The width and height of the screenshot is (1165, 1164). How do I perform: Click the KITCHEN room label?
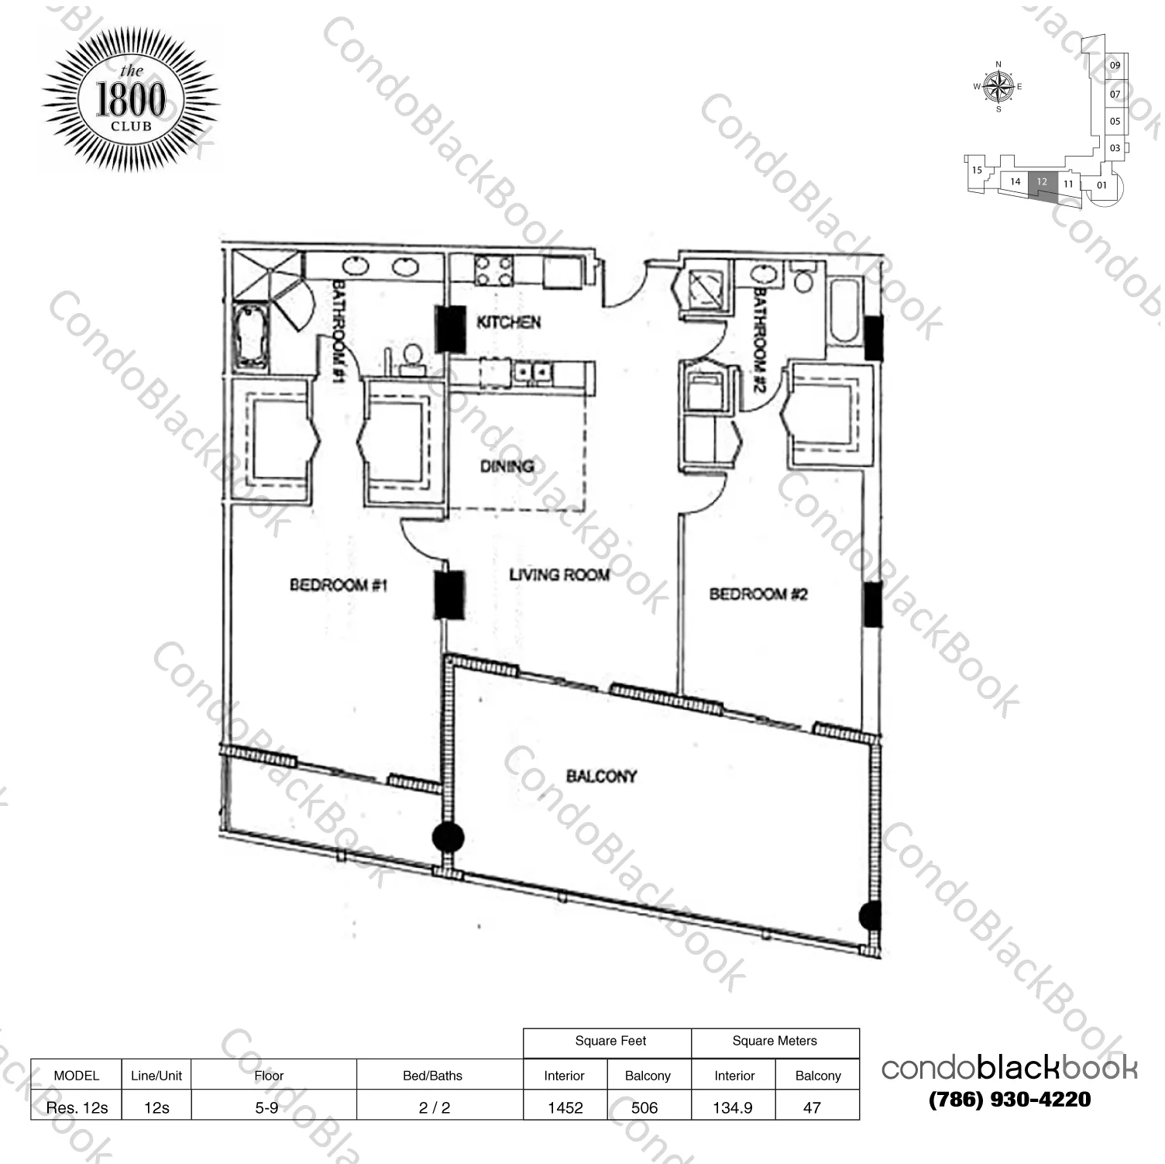click(x=508, y=322)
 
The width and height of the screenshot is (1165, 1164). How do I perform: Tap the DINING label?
click(x=507, y=467)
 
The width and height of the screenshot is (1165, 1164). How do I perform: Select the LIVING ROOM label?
click(x=558, y=574)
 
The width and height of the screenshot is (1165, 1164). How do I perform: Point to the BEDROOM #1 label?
click(x=339, y=584)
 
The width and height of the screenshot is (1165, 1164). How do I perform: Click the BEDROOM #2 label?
click(x=758, y=594)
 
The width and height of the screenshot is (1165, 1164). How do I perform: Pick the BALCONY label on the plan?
click(x=601, y=776)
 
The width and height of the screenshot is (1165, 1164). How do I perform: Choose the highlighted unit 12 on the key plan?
click(x=1043, y=184)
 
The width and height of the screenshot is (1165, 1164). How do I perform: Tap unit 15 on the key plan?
click(x=977, y=170)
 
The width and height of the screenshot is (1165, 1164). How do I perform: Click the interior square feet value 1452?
click(x=565, y=1107)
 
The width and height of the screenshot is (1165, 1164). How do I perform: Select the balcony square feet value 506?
click(x=644, y=1107)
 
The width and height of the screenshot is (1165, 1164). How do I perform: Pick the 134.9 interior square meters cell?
click(x=733, y=1107)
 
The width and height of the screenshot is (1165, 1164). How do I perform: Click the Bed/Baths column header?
click(x=432, y=1076)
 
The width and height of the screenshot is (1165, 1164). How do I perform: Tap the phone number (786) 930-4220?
click(x=1009, y=1100)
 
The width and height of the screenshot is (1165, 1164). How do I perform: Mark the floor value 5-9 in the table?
click(x=266, y=1107)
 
